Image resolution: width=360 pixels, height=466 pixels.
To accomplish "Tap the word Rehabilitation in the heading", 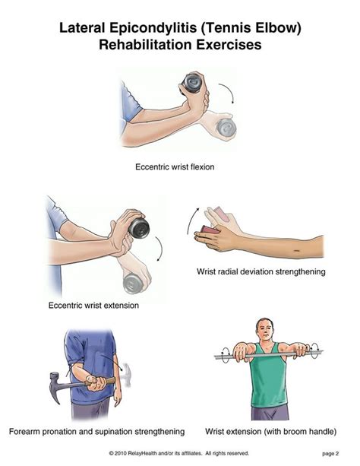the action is (145, 45).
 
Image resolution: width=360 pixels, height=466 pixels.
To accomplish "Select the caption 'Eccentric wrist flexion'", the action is (175, 167).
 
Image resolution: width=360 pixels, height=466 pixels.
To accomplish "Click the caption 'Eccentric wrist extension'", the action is (93, 306).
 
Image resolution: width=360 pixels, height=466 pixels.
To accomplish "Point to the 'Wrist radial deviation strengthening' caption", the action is (261, 271).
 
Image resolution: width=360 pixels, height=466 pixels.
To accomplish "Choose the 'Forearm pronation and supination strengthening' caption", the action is (96, 432).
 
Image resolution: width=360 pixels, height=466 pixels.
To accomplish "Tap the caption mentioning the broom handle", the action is (270, 431).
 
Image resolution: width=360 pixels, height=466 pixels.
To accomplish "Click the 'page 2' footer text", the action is (330, 454).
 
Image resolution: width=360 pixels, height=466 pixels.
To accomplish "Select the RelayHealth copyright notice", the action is (179, 453).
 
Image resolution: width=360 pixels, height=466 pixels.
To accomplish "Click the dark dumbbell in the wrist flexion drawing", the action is (192, 82).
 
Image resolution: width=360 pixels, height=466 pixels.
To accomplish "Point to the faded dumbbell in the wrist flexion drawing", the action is (226, 128).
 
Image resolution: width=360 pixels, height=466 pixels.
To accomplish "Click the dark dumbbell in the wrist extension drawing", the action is (139, 228).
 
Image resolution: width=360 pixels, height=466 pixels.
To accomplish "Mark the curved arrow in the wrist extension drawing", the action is (161, 248).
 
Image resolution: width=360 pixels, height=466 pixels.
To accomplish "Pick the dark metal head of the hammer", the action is (55, 386).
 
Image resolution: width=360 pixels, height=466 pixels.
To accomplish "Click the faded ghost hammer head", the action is (126, 375).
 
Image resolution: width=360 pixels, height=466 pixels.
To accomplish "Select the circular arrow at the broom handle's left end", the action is (226, 354).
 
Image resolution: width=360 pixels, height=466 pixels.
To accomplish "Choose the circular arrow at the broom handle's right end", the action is (314, 350).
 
